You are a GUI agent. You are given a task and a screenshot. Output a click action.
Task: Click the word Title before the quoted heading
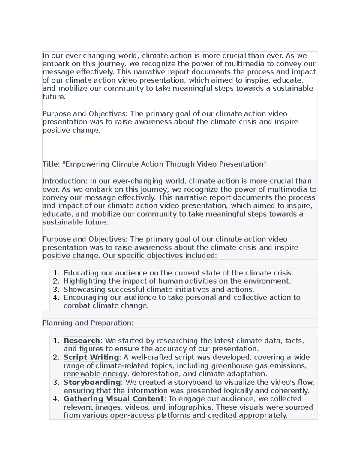[x=51, y=164]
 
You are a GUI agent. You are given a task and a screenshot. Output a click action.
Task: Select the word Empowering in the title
[x=87, y=164]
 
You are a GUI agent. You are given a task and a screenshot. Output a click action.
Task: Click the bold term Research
[x=82, y=341]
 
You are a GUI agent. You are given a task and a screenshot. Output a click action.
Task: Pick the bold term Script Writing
[x=91, y=357]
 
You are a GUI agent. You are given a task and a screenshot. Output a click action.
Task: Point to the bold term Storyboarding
[x=92, y=382]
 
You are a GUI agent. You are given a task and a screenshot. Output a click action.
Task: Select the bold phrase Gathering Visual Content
[x=114, y=398]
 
